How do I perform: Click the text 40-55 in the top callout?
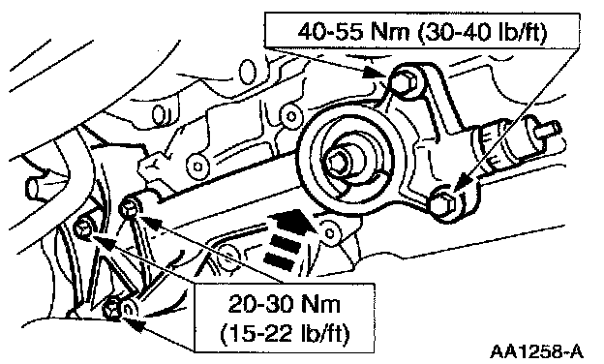point(330,32)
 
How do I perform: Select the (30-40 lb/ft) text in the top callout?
point(482,32)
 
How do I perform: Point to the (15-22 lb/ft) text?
point(285,332)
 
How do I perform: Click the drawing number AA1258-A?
point(536,351)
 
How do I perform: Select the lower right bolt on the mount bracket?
point(444,202)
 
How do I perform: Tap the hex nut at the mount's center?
point(338,163)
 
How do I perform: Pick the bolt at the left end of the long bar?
point(130,208)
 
